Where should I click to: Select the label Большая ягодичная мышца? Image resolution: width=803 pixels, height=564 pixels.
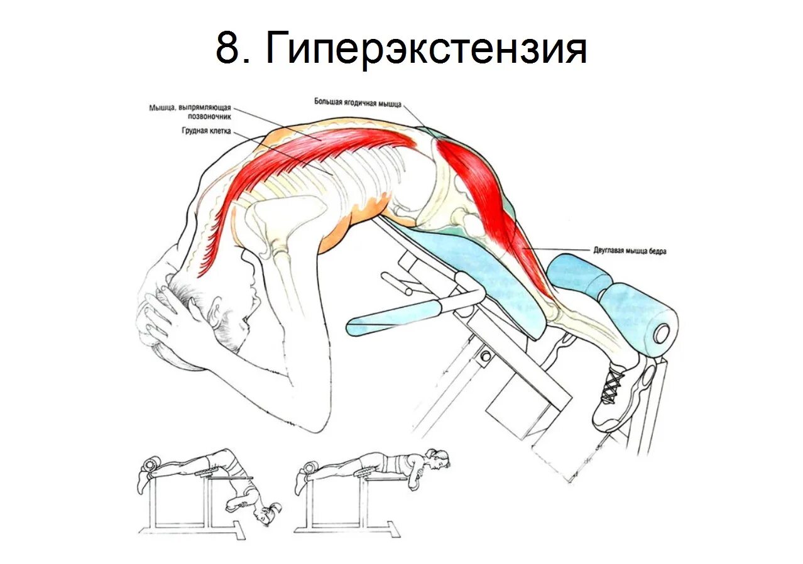(357, 103)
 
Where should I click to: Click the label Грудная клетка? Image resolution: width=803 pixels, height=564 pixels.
(207, 132)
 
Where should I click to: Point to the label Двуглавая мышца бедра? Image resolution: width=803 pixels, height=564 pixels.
(628, 251)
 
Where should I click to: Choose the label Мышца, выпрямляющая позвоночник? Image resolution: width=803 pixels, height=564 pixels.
(190, 112)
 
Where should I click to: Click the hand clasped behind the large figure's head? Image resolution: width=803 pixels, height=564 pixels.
(157, 314)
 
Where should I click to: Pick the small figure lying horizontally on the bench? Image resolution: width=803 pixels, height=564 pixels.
(377, 465)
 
